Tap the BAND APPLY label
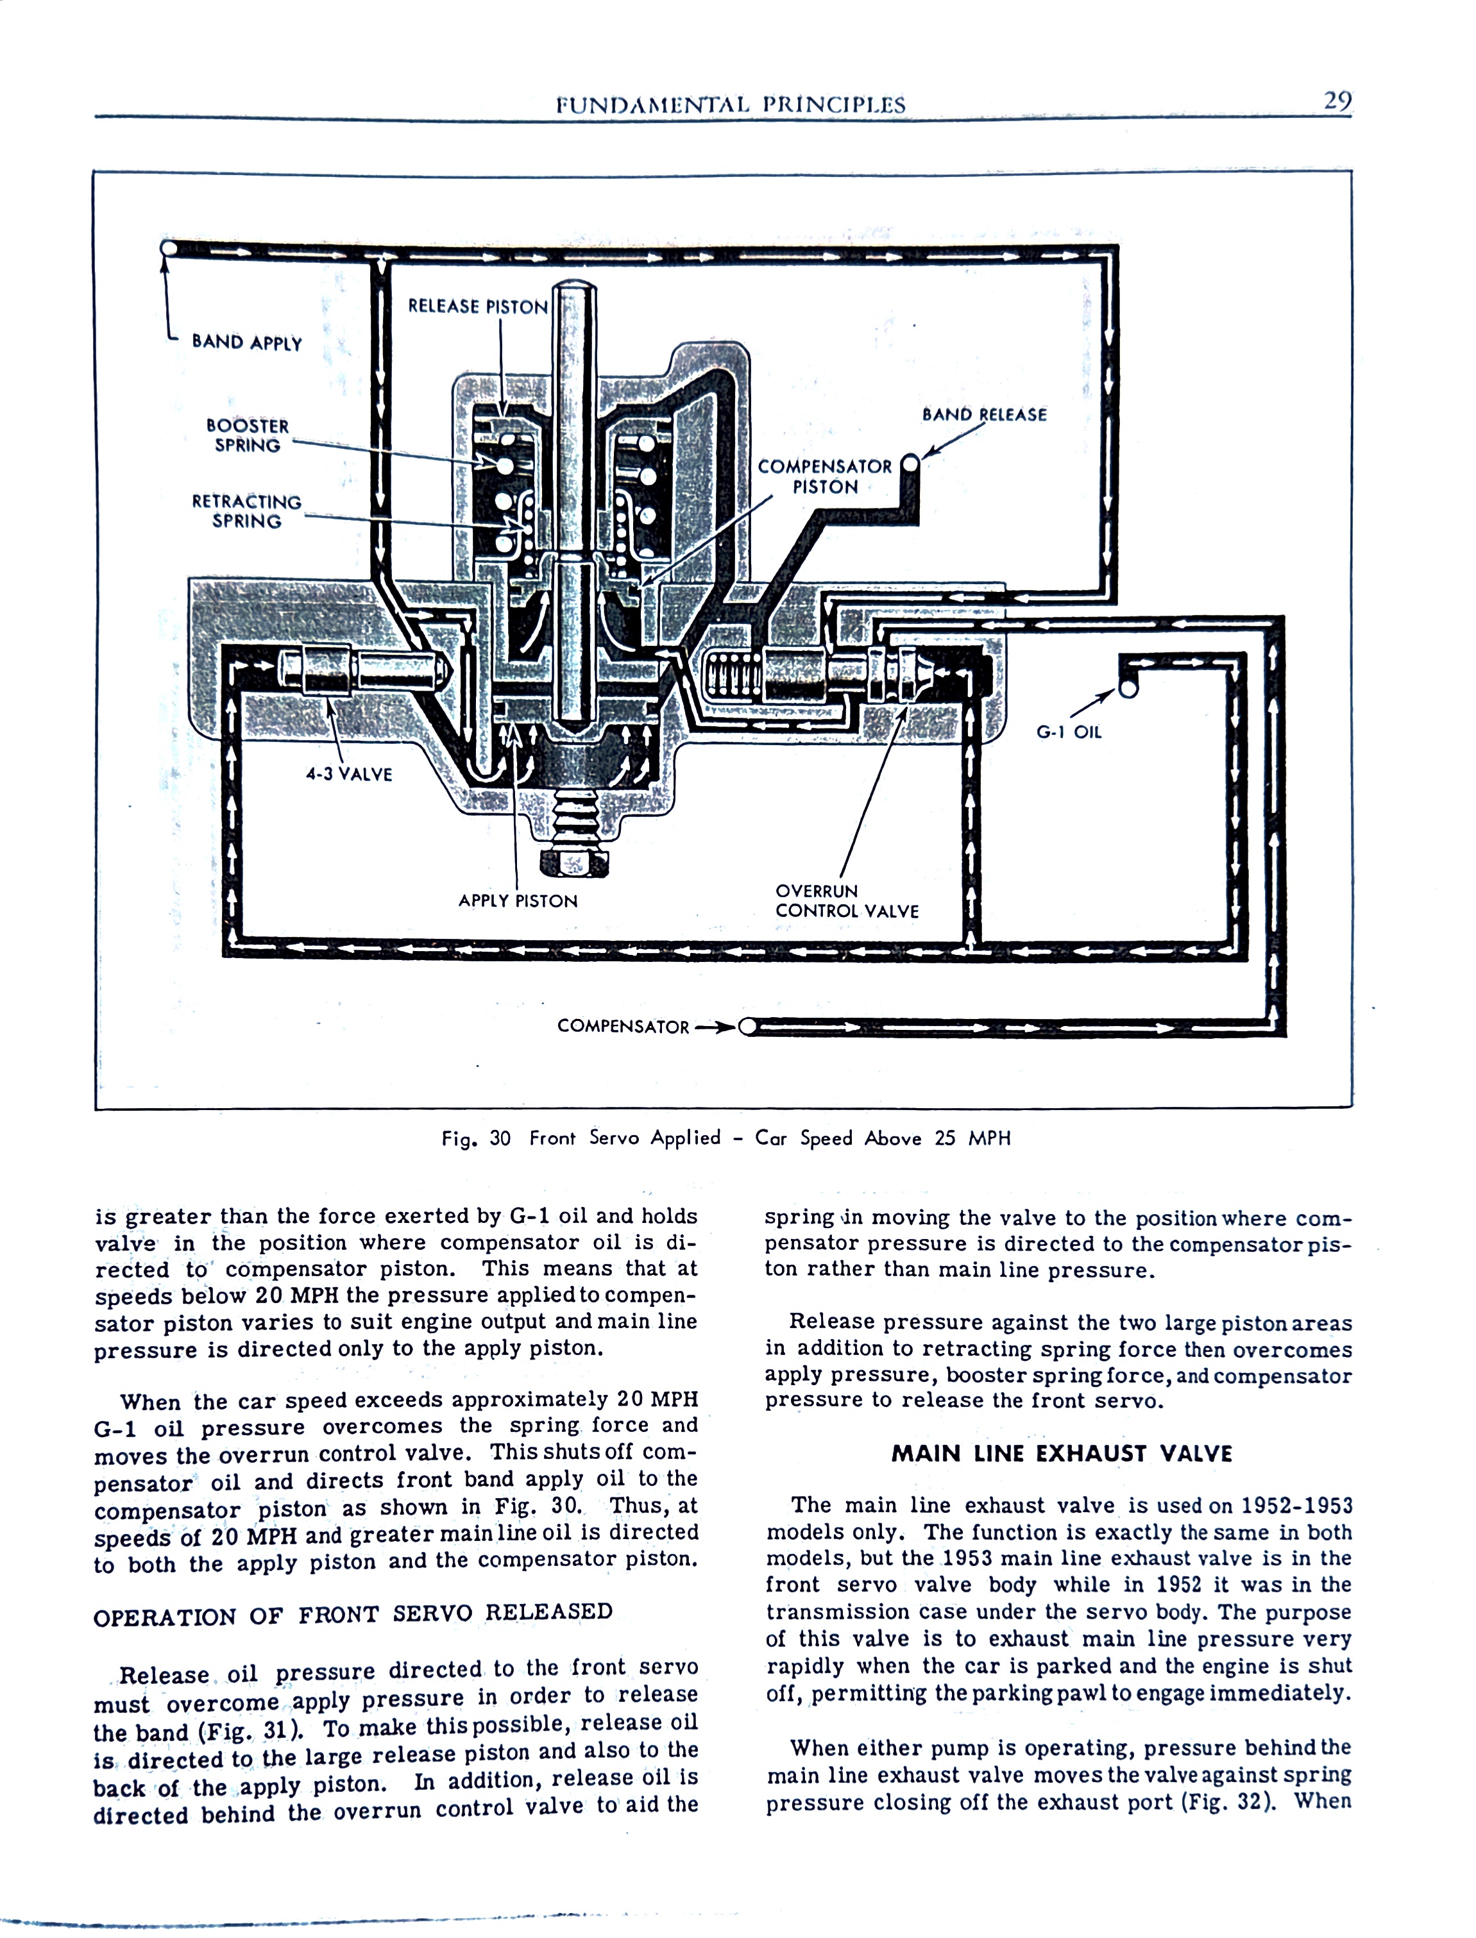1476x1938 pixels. click(247, 342)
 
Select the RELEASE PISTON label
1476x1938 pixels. click(478, 307)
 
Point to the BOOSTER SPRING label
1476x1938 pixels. click(247, 435)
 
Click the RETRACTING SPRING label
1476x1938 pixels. click(247, 511)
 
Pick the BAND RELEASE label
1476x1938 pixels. click(984, 414)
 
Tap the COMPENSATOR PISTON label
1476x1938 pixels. click(824, 477)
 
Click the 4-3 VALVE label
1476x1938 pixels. click(349, 773)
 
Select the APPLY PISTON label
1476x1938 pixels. click(518, 901)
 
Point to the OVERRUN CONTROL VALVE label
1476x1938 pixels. click(846, 901)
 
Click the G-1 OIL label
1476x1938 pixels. click(1068, 732)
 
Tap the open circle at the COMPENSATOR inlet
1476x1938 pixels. click(748, 1027)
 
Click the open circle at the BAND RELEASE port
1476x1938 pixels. click(910, 464)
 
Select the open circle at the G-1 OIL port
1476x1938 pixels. click(1129, 689)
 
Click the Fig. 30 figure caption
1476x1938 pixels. click(725, 1138)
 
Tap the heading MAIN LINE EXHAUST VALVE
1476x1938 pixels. click(1062, 1453)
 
